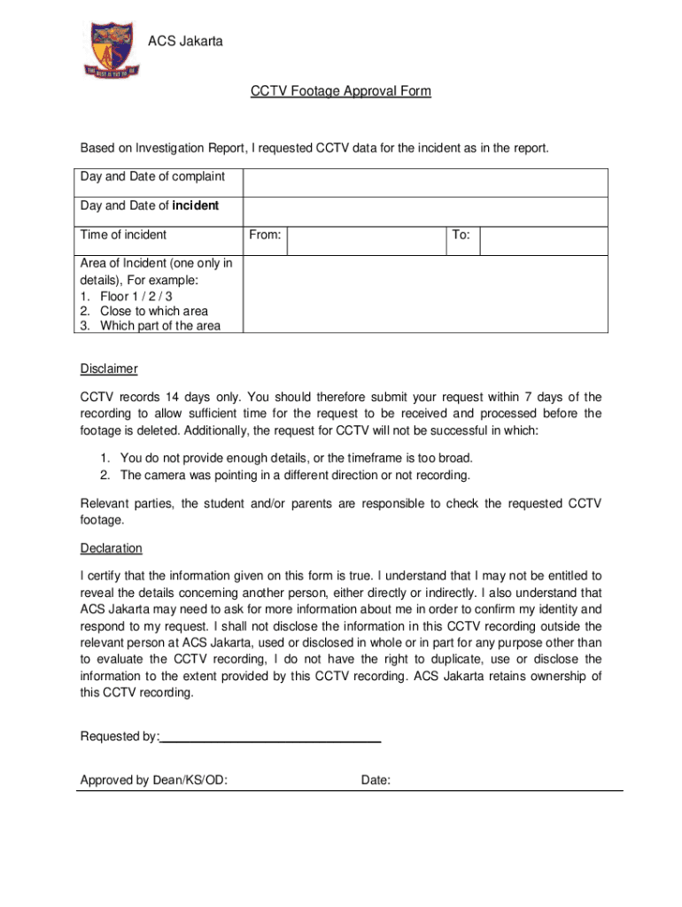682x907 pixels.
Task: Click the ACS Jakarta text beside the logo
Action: (x=185, y=41)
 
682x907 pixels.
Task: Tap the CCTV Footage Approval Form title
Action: (x=341, y=91)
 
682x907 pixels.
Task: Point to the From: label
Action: (x=265, y=235)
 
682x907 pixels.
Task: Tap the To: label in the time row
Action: (x=461, y=235)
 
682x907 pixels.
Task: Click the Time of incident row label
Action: (x=123, y=235)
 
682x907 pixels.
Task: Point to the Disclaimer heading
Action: (x=109, y=368)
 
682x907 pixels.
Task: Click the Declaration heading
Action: (x=111, y=548)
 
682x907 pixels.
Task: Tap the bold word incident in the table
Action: (x=195, y=205)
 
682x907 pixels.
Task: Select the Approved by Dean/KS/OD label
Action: (x=153, y=780)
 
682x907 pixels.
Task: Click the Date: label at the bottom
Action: (x=376, y=780)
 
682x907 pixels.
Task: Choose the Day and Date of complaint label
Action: (x=152, y=176)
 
